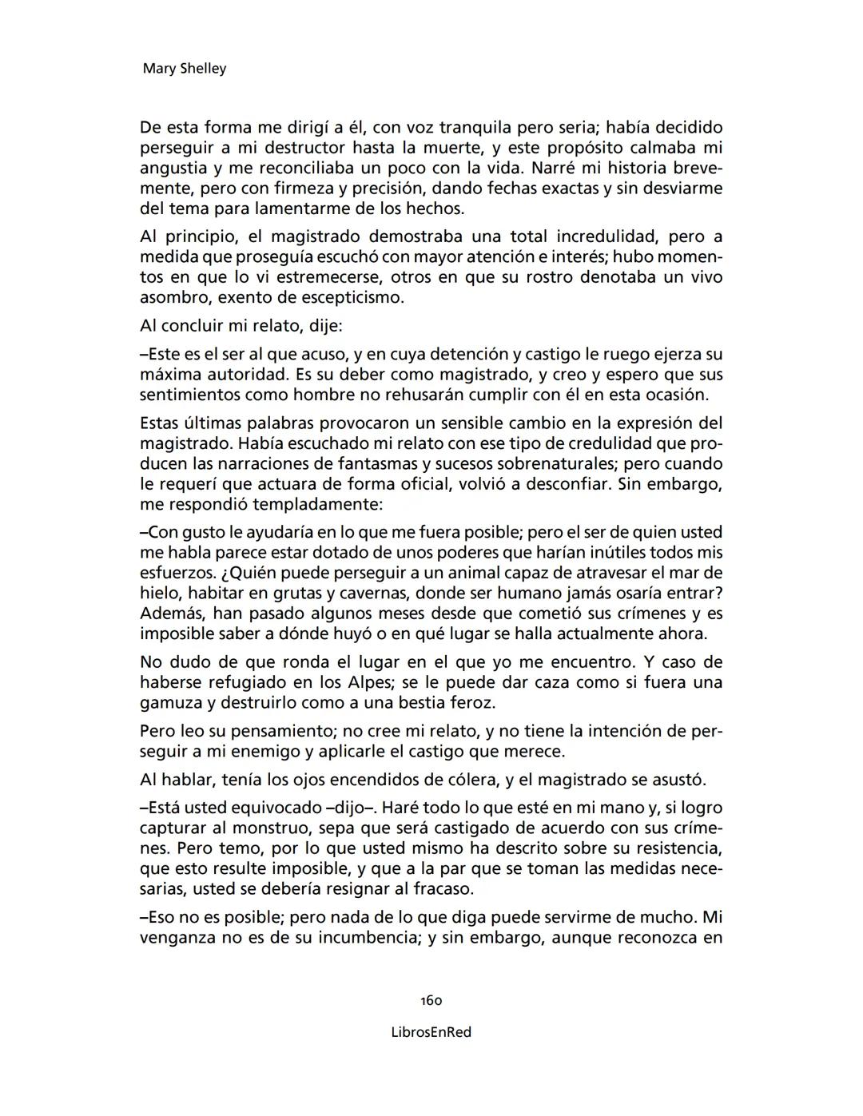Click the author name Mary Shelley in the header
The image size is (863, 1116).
pyautogui.click(x=184, y=69)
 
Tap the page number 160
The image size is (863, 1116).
pyautogui.click(x=431, y=1000)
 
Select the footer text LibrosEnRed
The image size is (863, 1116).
pyautogui.click(x=431, y=1032)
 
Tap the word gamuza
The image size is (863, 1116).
pyautogui.click(x=167, y=704)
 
